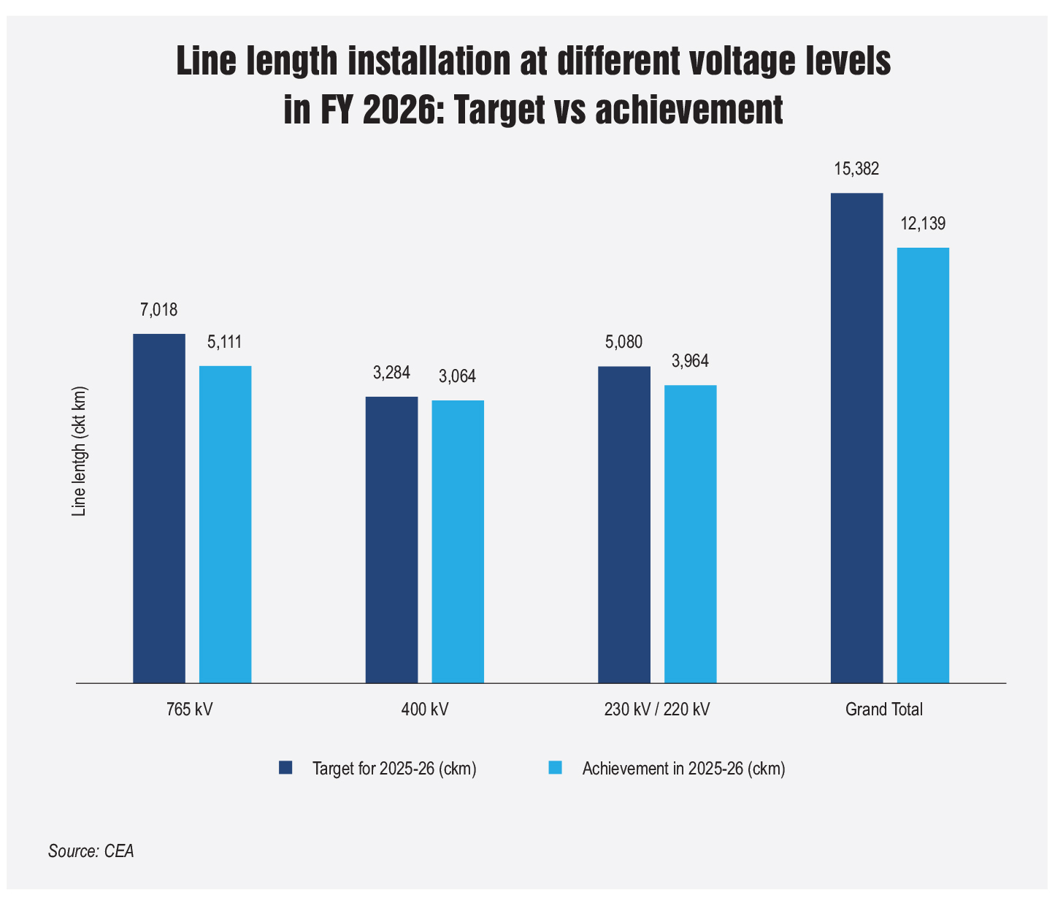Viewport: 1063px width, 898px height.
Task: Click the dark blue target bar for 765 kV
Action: click(x=159, y=508)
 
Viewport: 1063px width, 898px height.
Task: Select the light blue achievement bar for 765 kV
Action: click(x=225, y=525)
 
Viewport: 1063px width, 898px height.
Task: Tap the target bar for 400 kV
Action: click(x=391, y=540)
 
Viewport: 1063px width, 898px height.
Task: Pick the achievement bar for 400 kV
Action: click(x=458, y=541)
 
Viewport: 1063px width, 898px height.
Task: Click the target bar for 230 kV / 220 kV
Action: click(x=624, y=525)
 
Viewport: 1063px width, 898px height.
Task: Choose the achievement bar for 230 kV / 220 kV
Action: click(x=691, y=534)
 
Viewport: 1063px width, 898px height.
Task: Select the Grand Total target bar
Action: click(x=857, y=438)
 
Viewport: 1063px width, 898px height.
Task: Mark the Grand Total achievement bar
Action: click(x=923, y=465)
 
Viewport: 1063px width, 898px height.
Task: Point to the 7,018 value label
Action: click(x=159, y=310)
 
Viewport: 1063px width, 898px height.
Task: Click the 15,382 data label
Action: click(x=856, y=169)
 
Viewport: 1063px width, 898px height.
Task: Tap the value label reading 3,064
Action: click(x=457, y=376)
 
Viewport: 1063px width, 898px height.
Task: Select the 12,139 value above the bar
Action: click(x=923, y=224)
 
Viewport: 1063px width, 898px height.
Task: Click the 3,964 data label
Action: click(x=690, y=361)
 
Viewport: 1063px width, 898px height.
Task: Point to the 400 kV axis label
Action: click(x=425, y=709)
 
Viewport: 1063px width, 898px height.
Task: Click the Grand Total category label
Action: click(x=884, y=709)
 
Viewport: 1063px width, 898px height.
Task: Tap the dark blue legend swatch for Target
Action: click(x=285, y=768)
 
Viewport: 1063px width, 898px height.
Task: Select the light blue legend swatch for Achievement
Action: click(x=556, y=768)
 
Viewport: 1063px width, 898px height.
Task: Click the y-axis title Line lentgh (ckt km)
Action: click(x=79, y=452)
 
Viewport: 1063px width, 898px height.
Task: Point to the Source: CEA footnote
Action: click(x=91, y=851)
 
